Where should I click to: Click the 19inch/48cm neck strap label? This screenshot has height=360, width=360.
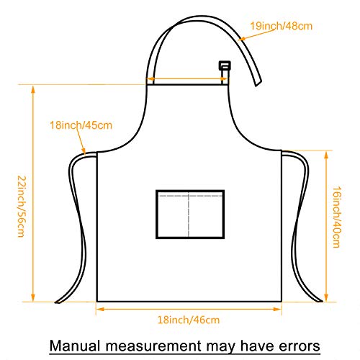(282, 26)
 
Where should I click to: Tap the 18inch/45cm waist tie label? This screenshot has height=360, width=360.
(81, 125)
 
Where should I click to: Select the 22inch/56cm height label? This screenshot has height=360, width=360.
(22, 207)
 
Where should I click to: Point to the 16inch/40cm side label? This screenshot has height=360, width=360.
(336, 217)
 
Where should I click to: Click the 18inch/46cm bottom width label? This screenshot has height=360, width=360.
(189, 320)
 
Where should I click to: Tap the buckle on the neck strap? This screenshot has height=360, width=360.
(225, 66)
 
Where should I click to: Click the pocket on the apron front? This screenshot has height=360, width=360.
(190, 215)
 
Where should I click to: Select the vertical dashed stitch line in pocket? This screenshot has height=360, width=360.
(189, 215)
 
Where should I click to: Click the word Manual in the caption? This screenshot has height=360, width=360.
(75, 346)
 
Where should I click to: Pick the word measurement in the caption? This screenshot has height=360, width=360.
(153, 346)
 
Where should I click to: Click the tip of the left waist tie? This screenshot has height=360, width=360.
(57, 302)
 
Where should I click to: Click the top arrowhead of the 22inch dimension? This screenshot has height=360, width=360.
(33, 89)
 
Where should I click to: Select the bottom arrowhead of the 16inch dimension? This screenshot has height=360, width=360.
(326, 297)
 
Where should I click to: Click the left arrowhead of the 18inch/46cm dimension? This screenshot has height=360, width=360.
(100, 309)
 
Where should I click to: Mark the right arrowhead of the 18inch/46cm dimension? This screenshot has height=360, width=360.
(277, 309)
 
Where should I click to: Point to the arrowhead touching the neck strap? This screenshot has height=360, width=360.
(241, 39)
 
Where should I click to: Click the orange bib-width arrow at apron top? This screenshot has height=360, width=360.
(186, 78)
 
